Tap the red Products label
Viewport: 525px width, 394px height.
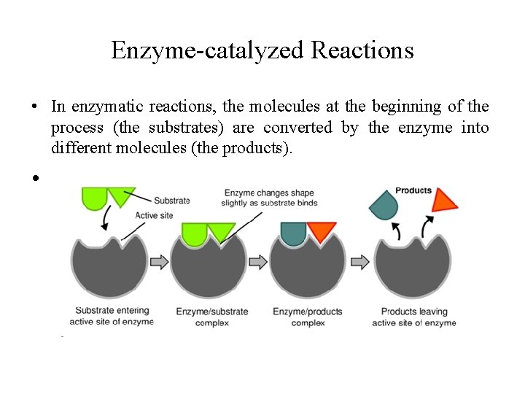(x=413, y=191)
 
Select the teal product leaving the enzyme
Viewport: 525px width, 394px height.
(x=384, y=204)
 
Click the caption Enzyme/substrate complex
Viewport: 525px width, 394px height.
(x=212, y=317)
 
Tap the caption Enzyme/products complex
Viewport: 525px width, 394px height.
(x=308, y=317)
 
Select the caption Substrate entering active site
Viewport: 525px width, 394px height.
(x=112, y=317)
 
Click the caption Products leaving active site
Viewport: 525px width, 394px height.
(x=413, y=317)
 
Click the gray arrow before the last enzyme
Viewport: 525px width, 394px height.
(x=360, y=260)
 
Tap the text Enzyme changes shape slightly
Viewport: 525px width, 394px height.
(x=270, y=198)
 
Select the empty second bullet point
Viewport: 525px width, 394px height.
(x=34, y=178)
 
